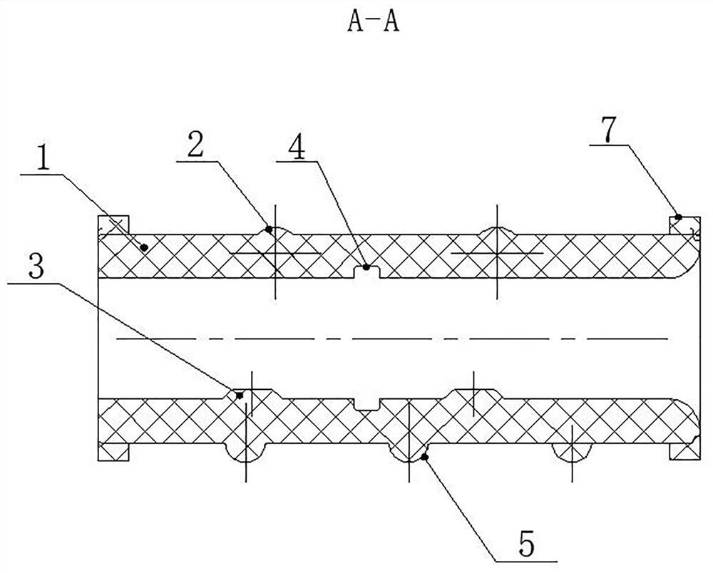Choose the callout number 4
tap(297, 146)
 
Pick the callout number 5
tap(527, 544)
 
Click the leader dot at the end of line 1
tap(144, 247)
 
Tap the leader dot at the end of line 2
tap(269, 229)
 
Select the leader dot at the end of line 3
tap(240, 396)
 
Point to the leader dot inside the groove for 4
tap(366, 267)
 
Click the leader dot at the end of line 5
tap(425, 457)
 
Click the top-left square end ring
tap(113, 225)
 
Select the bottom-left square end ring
tap(113, 452)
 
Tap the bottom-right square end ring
tap(684, 452)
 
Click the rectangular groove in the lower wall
tap(366, 404)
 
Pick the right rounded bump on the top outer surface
tap(498, 231)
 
